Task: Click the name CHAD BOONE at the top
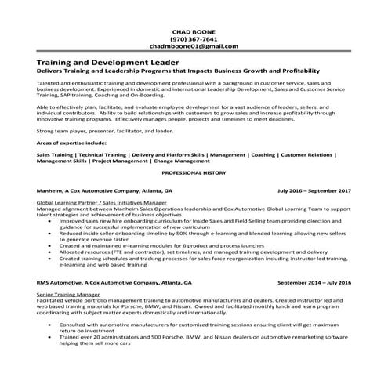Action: pos(194,31)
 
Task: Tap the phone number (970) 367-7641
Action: pos(194,39)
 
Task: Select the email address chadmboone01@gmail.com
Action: pos(194,47)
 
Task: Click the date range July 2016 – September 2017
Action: pos(314,190)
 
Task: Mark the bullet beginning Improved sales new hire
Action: pos(196,221)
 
